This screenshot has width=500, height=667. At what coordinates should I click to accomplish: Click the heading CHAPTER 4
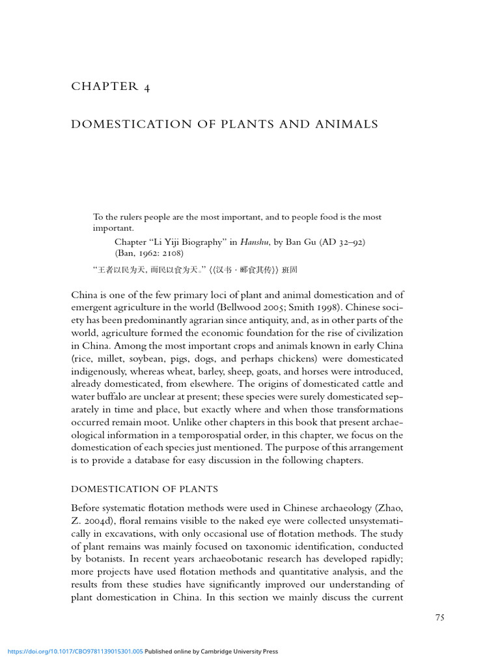coord(111,87)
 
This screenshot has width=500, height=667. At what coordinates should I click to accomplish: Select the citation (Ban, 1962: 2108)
coord(149,253)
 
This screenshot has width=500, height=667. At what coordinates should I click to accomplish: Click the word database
coord(171,461)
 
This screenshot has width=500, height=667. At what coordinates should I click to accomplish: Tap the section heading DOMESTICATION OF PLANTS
coord(145,489)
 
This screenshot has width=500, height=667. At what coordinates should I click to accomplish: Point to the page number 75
coord(439,617)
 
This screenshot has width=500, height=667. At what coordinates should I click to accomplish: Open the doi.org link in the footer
coord(74,651)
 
